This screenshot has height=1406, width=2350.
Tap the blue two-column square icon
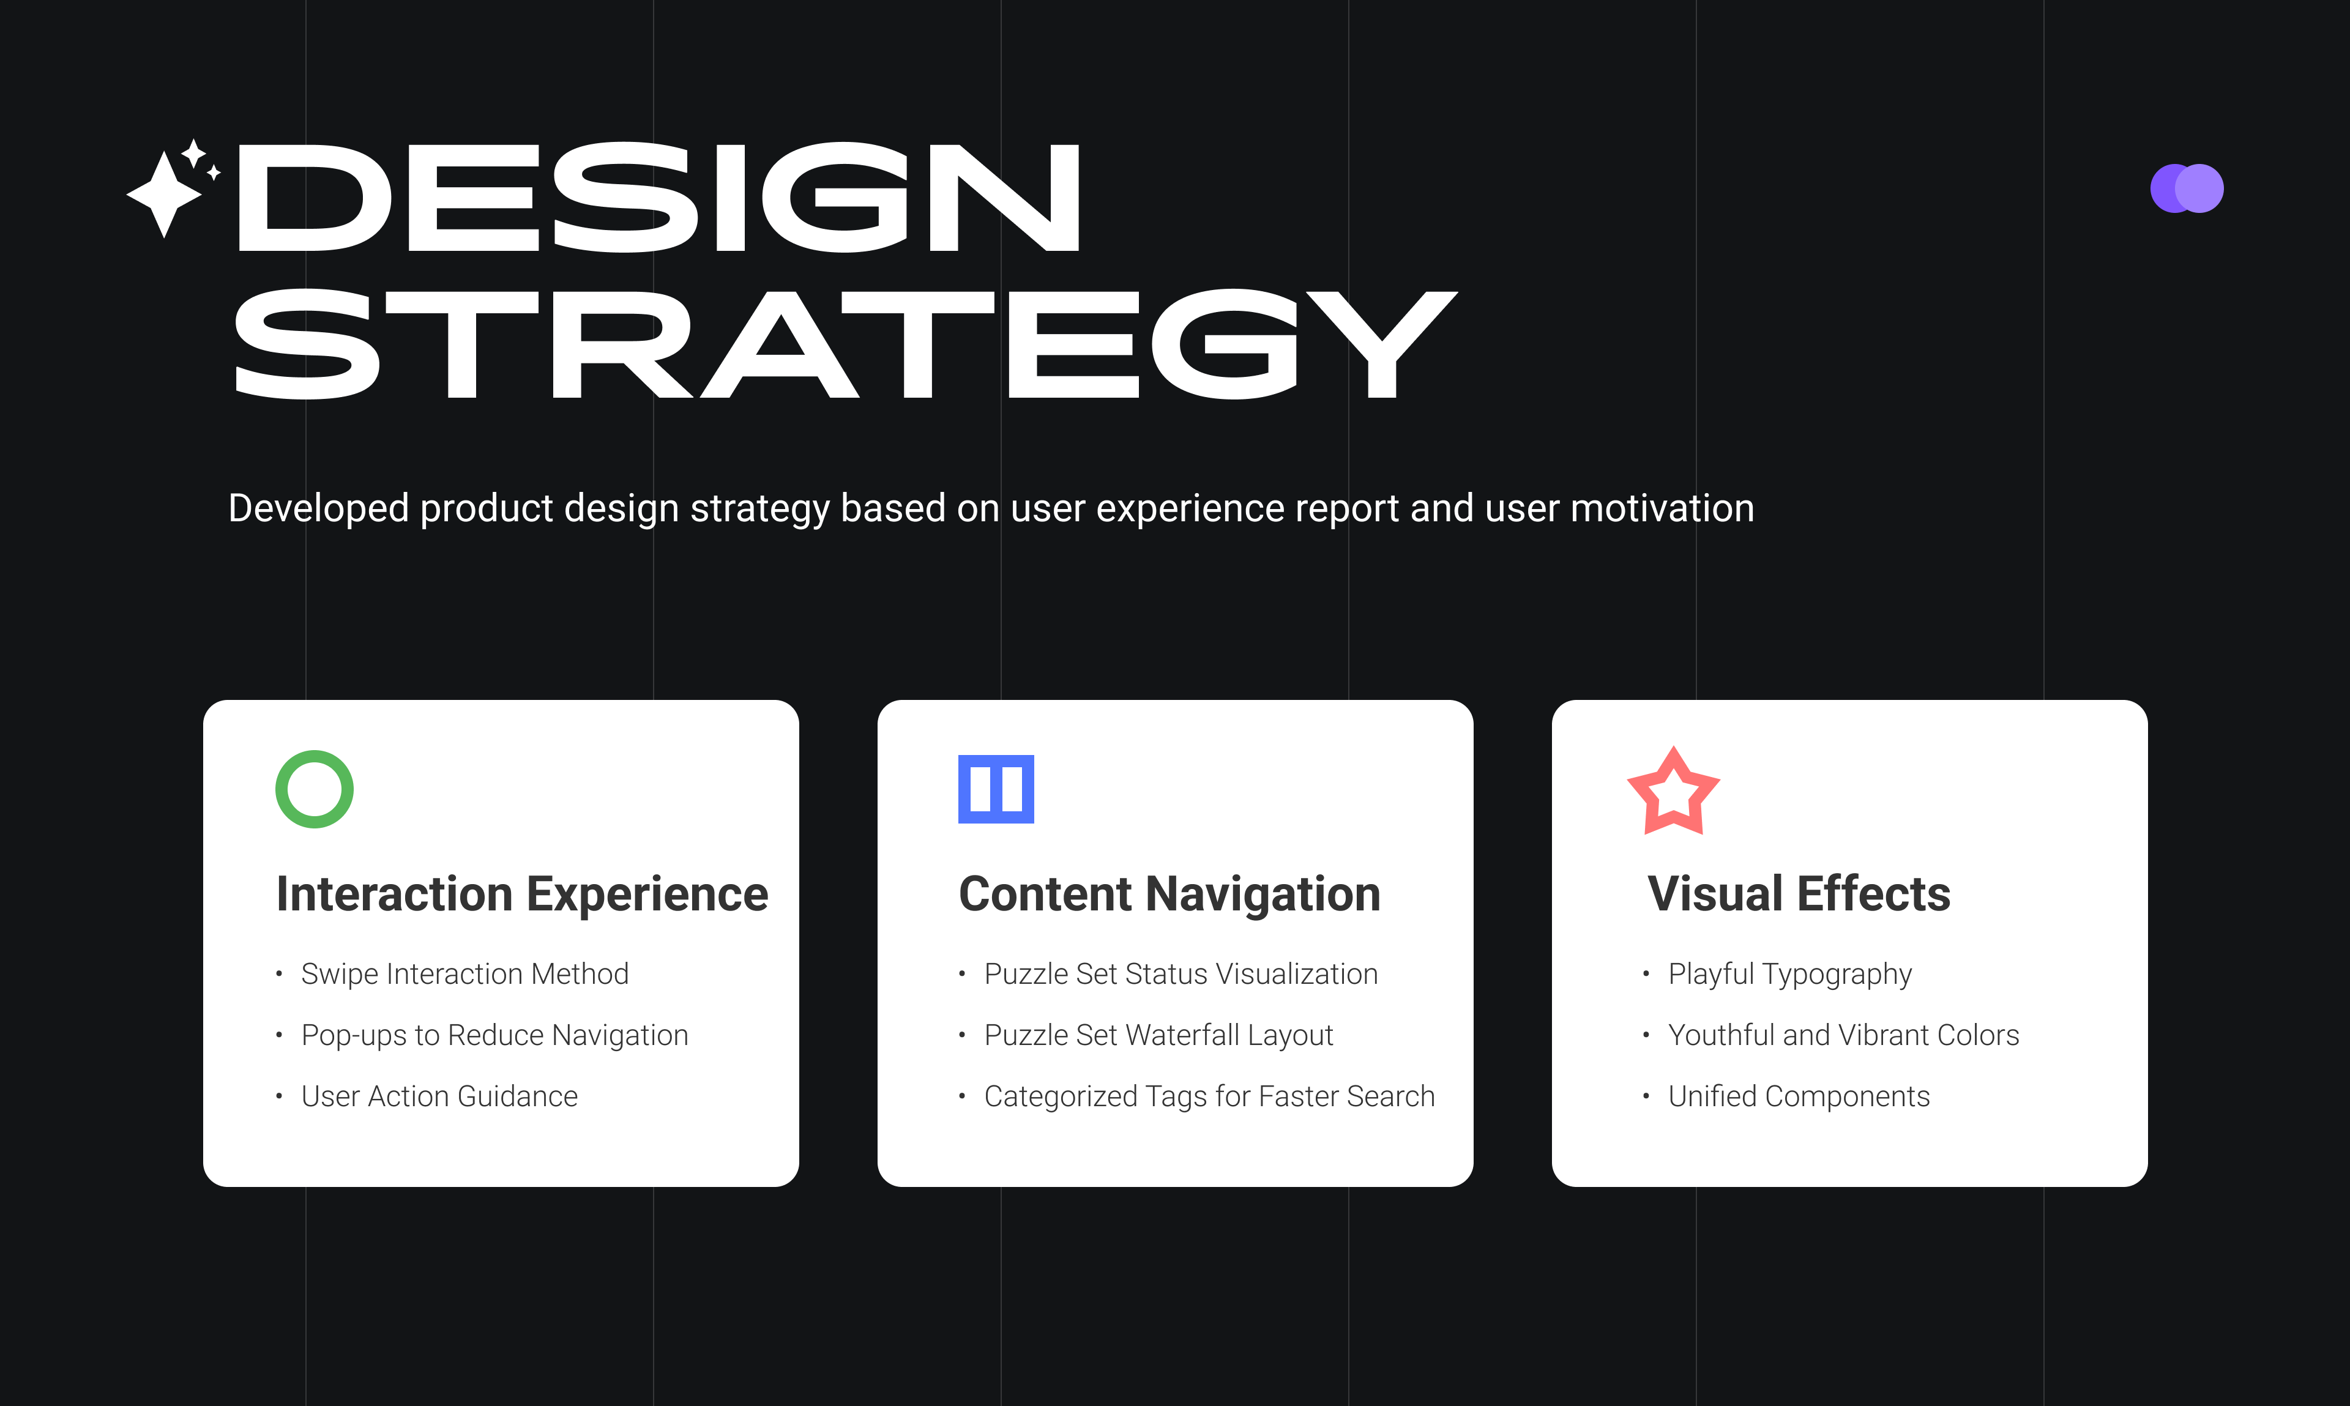click(996, 789)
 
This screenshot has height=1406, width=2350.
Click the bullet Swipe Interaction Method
click(464, 974)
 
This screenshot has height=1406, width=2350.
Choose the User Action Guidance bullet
click(439, 1096)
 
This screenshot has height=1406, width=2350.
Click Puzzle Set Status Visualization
click(1181, 974)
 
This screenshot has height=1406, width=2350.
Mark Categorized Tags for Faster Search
click(1209, 1096)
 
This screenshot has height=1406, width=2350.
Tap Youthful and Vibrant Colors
click(1843, 1035)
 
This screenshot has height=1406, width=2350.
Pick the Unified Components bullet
click(1799, 1097)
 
